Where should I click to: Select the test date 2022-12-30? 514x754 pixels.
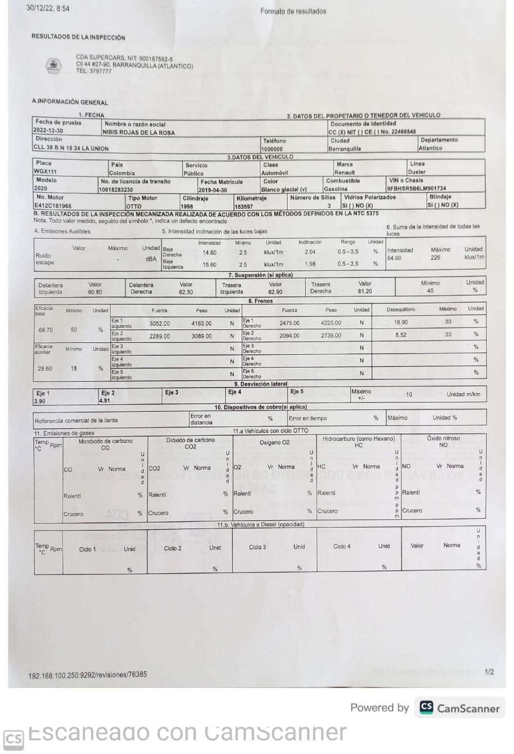tap(48, 131)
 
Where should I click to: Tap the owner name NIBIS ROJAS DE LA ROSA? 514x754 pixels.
tap(138, 132)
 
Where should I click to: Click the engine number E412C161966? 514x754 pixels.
tap(53, 206)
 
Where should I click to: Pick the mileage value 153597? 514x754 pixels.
tap(244, 206)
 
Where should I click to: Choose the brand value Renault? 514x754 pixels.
tap(345, 173)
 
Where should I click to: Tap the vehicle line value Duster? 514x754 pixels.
tap(417, 173)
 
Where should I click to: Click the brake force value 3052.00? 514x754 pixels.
tap(159, 323)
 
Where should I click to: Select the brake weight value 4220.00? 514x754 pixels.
tap(331, 323)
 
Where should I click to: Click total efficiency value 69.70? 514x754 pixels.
tap(45, 330)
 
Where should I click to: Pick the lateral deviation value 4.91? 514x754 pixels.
tap(105, 401)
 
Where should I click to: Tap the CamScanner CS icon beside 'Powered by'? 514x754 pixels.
tap(426, 707)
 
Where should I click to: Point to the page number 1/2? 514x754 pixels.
tap(489, 672)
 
